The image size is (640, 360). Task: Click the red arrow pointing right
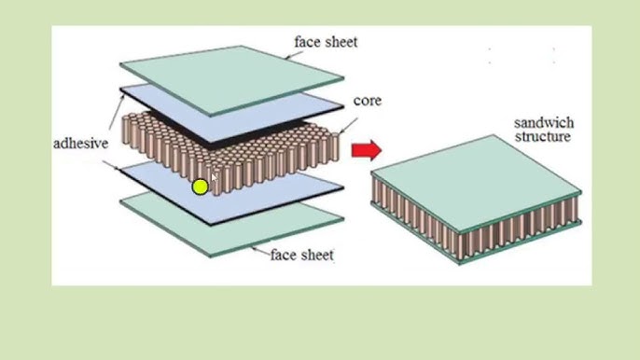[367, 149]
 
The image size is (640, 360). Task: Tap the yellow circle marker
[200, 187]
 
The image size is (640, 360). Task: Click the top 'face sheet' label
[326, 42]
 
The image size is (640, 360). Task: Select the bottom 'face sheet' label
[301, 254]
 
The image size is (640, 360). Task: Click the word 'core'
[367, 101]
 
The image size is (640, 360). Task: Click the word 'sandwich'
[544, 124]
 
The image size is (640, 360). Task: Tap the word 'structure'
[544, 138]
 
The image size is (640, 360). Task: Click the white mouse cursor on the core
[214, 177]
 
